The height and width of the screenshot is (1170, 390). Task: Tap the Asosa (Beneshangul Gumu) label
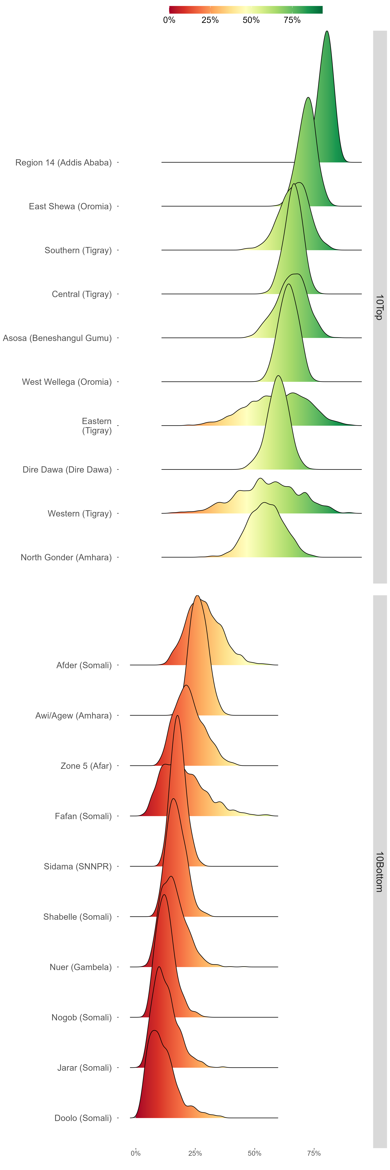(57, 338)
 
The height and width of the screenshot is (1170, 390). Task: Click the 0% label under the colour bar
(169, 20)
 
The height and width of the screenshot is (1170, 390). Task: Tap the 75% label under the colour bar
(292, 20)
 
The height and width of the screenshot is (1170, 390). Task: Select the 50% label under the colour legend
(251, 20)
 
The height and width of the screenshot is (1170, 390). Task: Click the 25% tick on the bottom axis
(195, 1153)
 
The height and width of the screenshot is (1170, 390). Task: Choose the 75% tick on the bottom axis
(314, 1153)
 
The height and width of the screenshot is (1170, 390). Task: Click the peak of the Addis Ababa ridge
(327, 31)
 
